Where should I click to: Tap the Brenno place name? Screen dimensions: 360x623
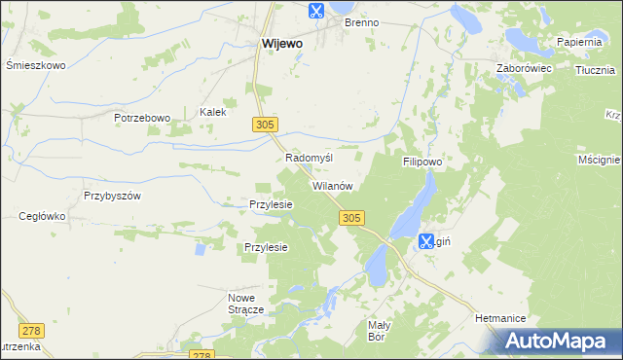pyautogui.click(x=358, y=22)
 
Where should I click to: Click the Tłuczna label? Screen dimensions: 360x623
pyautogui.click(x=595, y=70)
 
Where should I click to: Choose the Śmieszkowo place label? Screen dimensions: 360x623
pyautogui.click(x=35, y=65)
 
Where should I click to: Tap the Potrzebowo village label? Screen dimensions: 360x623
pyautogui.click(x=142, y=118)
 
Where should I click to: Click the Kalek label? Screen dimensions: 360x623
pyautogui.click(x=213, y=112)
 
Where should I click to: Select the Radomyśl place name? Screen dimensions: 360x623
pyautogui.click(x=310, y=159)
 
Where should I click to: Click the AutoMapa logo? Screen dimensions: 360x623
pyautogui.click(x=558, y=342)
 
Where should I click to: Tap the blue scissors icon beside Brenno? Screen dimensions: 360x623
pyautogui.click(x=315, y=12)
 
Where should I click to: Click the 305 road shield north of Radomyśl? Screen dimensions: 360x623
pyautogui.click(x=267, y=125)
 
